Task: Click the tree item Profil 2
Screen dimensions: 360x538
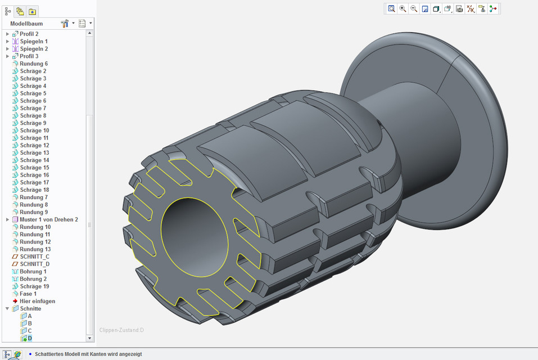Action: tap(29, 34)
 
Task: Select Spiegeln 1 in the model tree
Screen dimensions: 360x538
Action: tap(33, 42)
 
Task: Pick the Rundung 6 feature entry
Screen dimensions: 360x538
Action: tap(33, 64)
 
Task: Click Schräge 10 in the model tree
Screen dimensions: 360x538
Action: tap(34, 130)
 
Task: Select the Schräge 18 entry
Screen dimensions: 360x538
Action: tap(34, 190)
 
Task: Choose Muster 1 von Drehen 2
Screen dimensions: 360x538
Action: tap(48, 219)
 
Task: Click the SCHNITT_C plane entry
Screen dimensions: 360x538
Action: tap(34, 256)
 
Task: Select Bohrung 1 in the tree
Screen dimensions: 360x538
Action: tap(33, 272)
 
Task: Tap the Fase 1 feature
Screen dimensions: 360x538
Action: tap(28, 294)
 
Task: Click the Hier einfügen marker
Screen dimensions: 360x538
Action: tap(37, 301)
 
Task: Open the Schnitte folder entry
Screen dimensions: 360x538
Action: tap(30, 309)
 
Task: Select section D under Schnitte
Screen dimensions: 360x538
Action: tap(30, 338)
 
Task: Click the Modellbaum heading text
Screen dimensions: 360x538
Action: tap(26, 24)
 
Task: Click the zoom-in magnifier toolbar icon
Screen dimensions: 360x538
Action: tap(403, 9)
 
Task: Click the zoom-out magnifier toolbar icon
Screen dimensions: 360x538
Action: tap(414, 9)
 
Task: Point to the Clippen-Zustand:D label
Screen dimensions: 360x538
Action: tap(121, 330)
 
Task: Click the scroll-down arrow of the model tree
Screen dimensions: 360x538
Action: tap(90, 338)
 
